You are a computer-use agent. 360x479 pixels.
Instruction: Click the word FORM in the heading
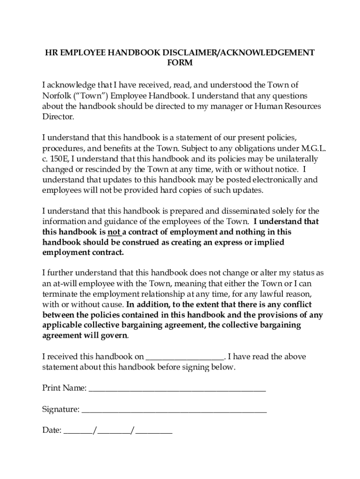click(x=180, y=63)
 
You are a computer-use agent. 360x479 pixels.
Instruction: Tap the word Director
click(x=58, y=117)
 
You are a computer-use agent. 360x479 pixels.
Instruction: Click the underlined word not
click(x=114, y=232)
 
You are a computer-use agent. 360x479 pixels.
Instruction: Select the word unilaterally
click(x=294, y=159)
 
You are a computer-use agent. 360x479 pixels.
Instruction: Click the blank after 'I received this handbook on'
click(x=185, y=357)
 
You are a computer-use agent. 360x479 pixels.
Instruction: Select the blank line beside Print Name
click(x=177, y=388)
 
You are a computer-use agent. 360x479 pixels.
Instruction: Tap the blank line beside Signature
click(x=174, y=410)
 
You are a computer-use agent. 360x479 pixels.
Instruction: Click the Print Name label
click(x=64, y=388)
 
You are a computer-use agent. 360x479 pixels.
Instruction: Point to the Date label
click(x=51, y=430)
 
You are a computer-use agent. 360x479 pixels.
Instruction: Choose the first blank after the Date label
click(x=78, y=431)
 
